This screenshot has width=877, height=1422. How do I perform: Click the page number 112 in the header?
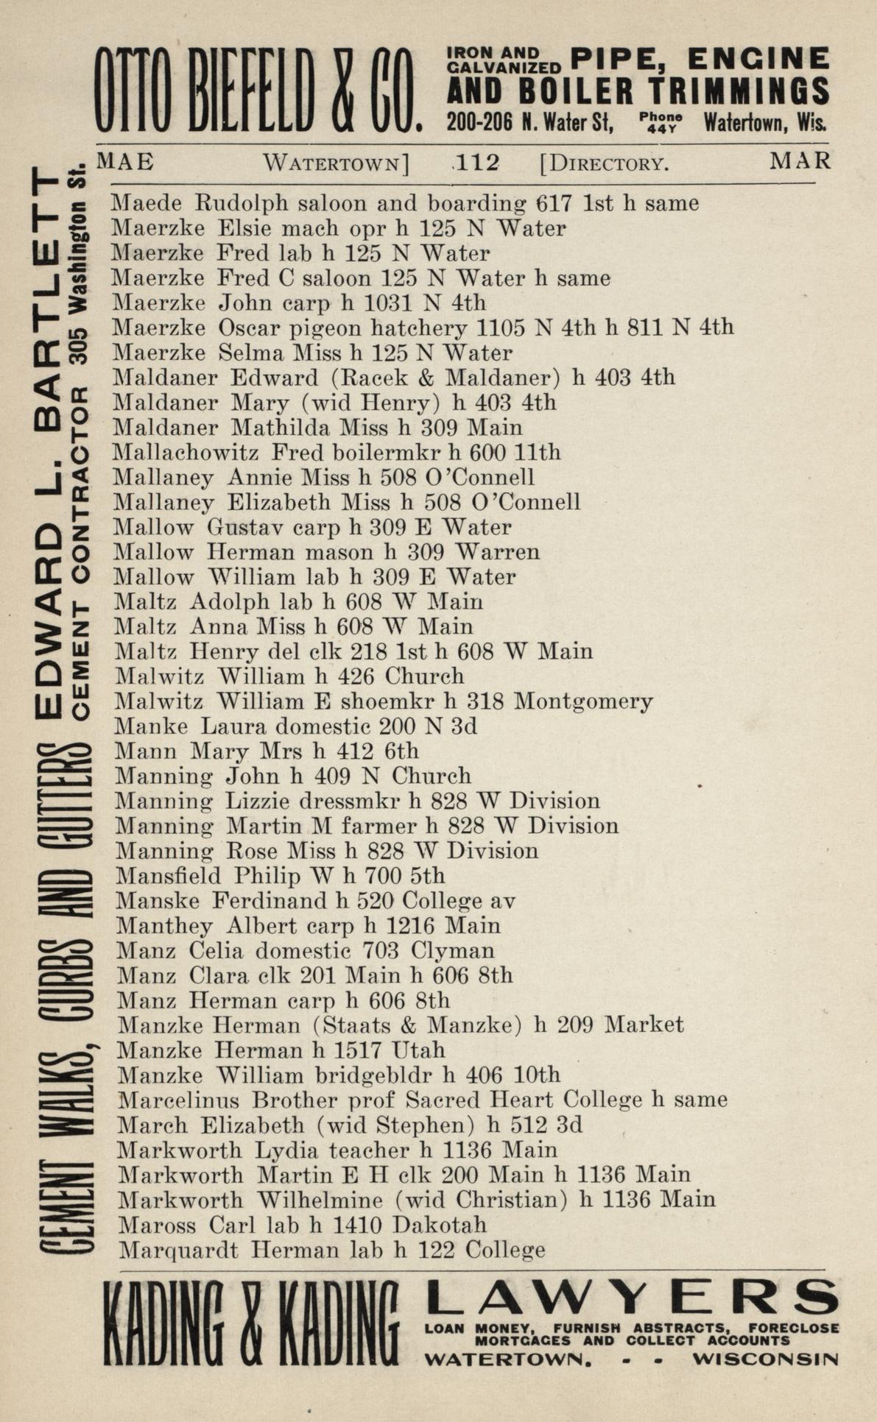coord(477,162)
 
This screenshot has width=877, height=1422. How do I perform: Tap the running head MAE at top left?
coord(125,160)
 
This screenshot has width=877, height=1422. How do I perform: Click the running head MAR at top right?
coord(800,160)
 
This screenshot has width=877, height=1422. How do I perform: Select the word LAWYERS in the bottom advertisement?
coord(632,1299)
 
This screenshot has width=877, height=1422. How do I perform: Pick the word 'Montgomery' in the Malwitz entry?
coord(583,701)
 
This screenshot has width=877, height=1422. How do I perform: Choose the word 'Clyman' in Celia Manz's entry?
coord(453,951)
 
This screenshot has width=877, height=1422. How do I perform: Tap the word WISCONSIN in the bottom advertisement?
coord(765,1359)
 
